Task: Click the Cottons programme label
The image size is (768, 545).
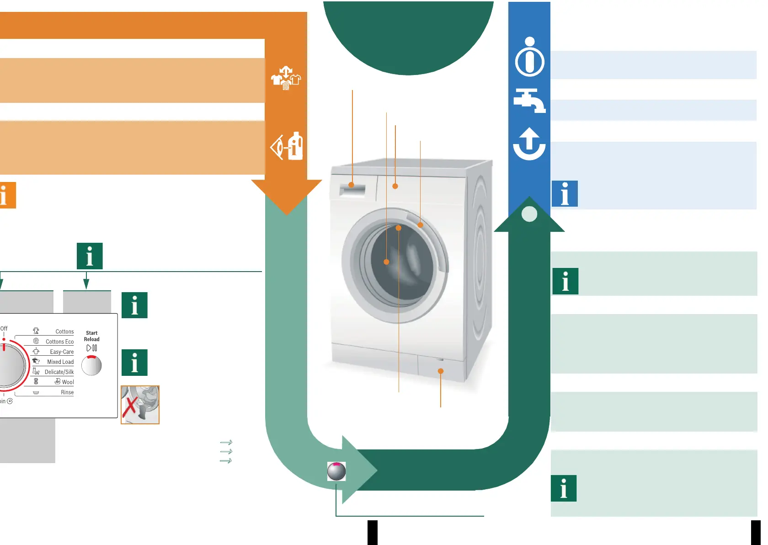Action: (x=64, y=331)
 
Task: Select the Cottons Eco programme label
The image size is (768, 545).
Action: (x=59, y=342)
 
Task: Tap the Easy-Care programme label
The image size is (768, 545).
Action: (x=62, y=352)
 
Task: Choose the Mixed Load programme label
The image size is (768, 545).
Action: (x=60, y=362)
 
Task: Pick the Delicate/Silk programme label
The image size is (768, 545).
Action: (x=59, y=372)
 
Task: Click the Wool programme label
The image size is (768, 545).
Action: (x=68, y=382)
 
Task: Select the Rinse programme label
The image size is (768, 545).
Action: (x=67, y=392)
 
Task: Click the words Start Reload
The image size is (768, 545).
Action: (x=91, y=336)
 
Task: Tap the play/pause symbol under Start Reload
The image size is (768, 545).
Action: (x=91, y=348)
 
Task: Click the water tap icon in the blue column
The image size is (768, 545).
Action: (x=529, y=100)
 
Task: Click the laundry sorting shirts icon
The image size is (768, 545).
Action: (x=286, y=78)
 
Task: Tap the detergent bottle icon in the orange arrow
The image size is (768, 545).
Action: (x=287, y=146)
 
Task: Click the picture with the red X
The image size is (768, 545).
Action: (x=140, y=405)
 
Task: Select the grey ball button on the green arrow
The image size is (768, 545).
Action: (x=336, y=471)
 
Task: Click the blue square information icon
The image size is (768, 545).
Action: (x=565, y=194)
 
